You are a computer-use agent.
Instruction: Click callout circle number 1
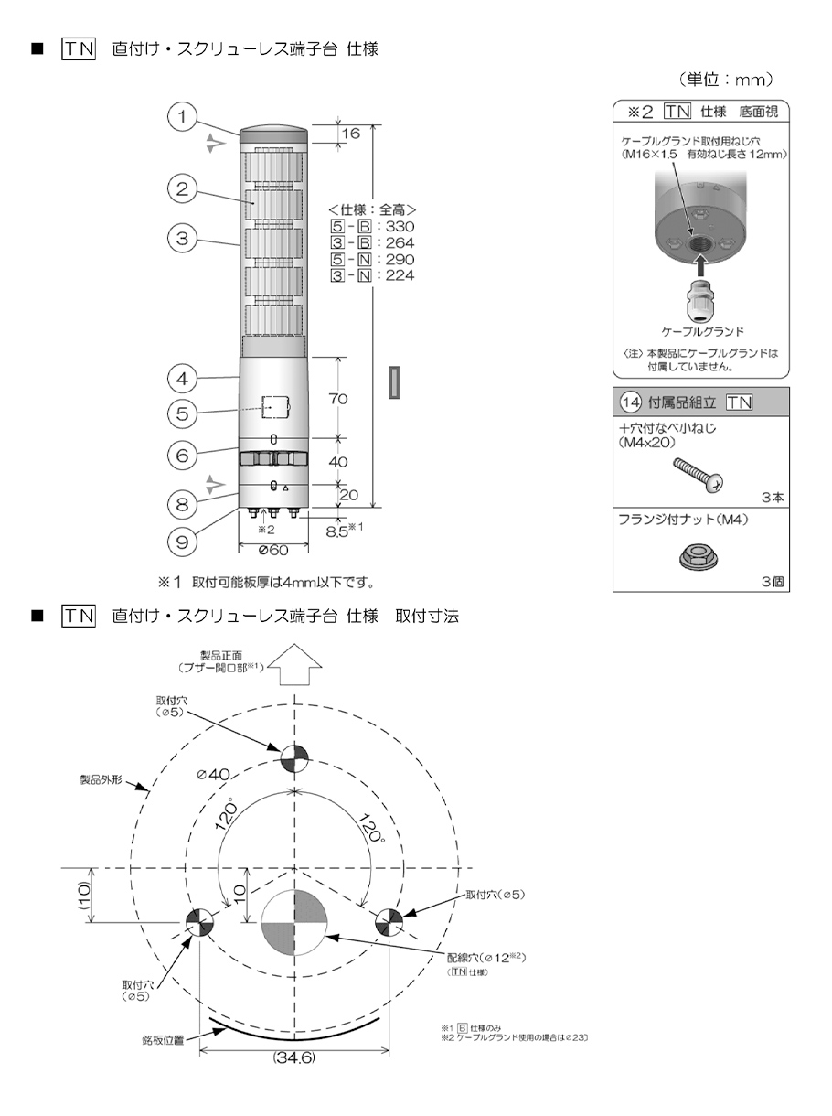point(184,117)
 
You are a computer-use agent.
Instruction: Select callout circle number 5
point(184,413)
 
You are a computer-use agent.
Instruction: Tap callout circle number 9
point(184,542)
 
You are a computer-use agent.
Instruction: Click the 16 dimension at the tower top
point(351,134)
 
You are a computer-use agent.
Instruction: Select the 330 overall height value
point(400,227)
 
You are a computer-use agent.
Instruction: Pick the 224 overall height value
point(400,275)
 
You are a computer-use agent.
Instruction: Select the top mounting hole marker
point(294,758)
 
